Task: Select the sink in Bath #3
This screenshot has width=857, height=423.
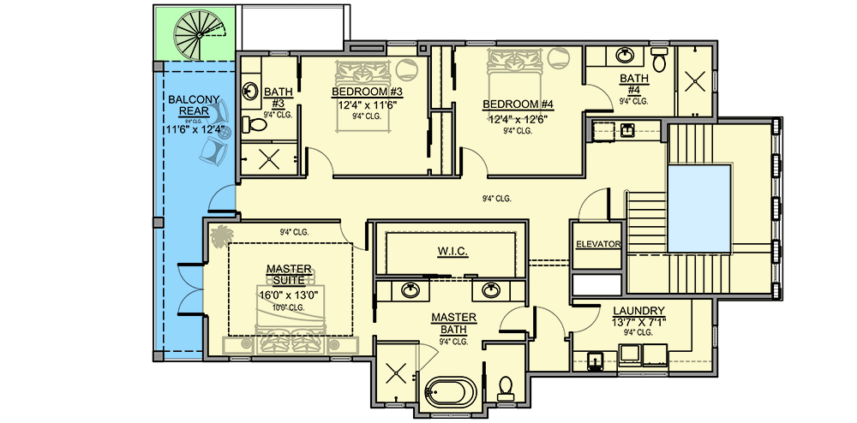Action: (252, 89)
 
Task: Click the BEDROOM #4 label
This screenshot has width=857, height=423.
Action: (519, 104)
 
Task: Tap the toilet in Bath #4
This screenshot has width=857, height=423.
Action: (658, 61)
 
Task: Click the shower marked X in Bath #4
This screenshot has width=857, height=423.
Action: (695, 82)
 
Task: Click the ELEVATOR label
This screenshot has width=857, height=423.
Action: (597, 244)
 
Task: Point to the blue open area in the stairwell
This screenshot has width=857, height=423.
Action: (698, 208)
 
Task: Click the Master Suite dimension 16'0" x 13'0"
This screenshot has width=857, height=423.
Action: (289, 295)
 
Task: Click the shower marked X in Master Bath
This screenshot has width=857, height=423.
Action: (396, 373)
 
